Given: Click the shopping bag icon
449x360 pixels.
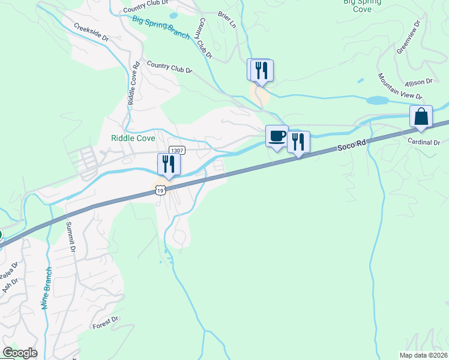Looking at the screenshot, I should point(421,116).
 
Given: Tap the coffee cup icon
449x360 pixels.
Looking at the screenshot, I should point(277,136).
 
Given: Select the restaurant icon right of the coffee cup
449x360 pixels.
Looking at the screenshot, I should point(298,142).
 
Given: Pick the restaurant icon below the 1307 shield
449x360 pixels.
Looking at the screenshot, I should point(169,164).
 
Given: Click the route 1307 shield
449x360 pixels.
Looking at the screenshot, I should point(176,151).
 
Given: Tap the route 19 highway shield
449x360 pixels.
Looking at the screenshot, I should point(159,190).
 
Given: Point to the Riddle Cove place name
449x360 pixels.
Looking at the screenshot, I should point(133,138).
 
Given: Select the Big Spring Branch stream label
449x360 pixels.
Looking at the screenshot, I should point(161,27).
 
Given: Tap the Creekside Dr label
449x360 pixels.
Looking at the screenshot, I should point(91,32).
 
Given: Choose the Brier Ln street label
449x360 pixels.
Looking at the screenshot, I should point(228,20).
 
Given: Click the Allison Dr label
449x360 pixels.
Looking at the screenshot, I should point(418,82).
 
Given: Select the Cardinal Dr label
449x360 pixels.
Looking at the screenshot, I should point(424,143).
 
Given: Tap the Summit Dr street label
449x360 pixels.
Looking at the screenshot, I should point(71,237).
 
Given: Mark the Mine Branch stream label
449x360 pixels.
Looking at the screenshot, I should point(47,288).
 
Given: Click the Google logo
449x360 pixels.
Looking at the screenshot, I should point(20,353).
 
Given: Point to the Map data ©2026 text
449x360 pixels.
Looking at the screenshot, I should point(423,355).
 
